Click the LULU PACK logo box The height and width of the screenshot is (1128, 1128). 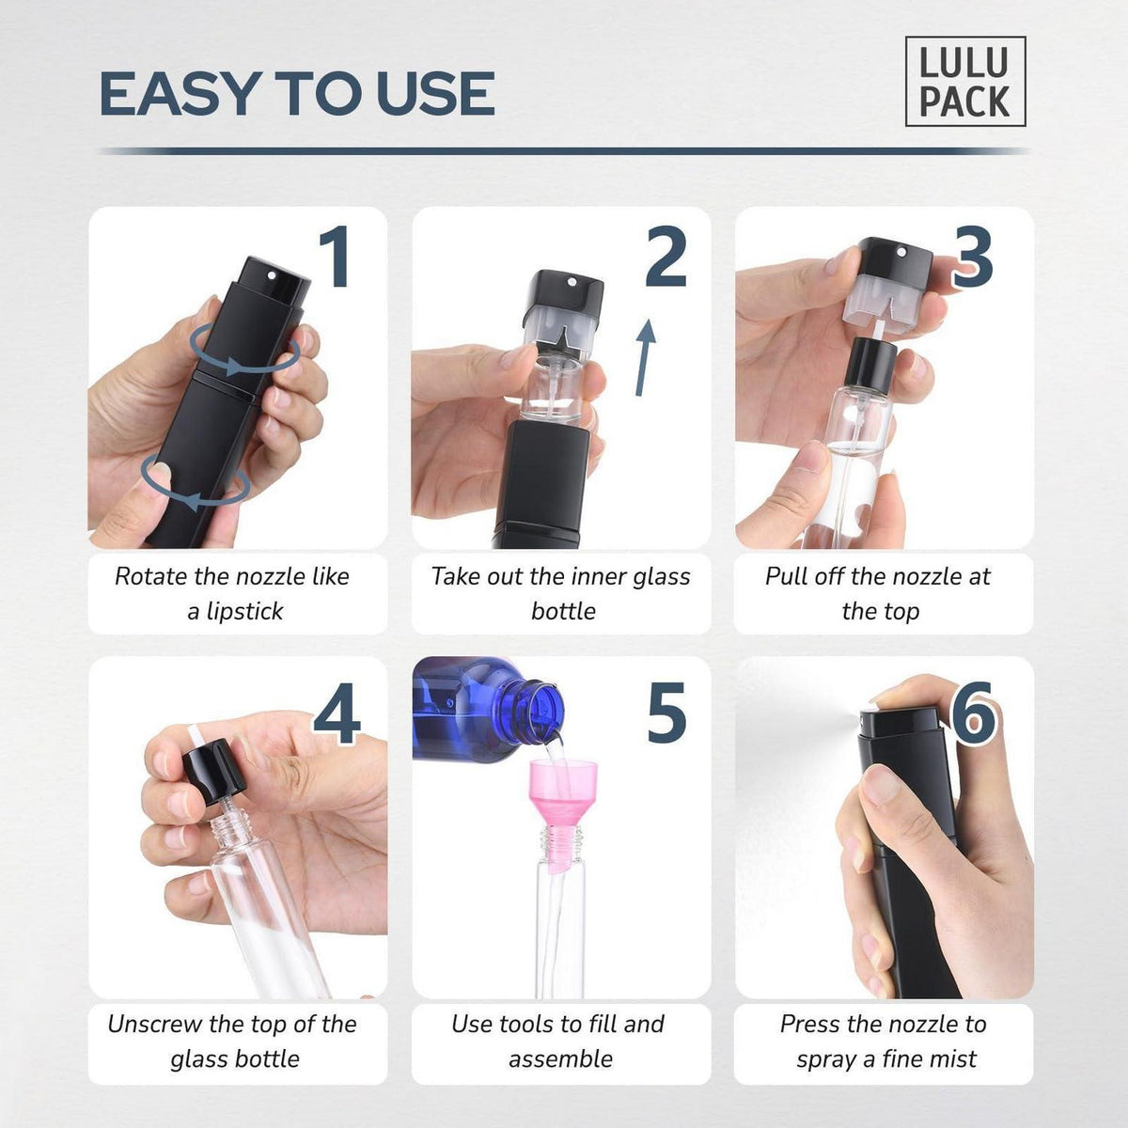coord(965,82)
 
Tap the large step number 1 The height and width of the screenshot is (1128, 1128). coord(337,257)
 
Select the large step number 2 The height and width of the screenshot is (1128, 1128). coord(666,257)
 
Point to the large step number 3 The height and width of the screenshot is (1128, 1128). coord(973,258)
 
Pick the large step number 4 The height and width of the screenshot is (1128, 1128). coord(337,713)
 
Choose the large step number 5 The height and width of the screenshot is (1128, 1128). coord(666,713)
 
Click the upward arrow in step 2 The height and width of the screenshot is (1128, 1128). coord(645,357)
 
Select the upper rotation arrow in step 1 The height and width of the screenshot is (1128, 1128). coord(244,350)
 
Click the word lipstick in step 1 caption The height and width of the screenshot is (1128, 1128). coord(243,612)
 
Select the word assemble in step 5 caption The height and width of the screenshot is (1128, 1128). coord(561,1059)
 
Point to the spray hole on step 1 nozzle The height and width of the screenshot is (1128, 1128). coord(271,274)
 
